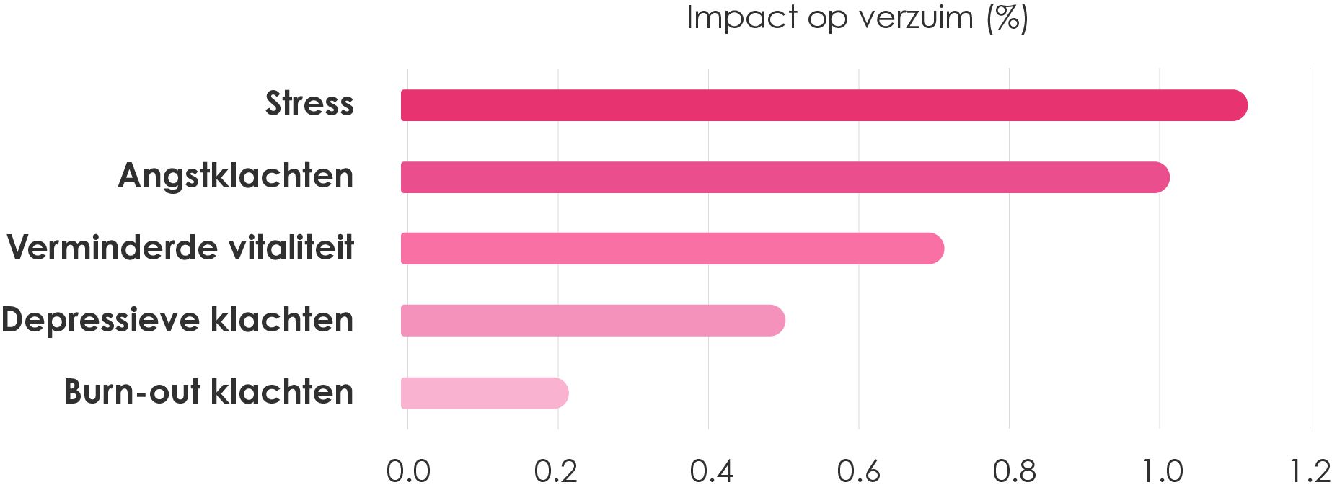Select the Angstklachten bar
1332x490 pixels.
click(785, 177)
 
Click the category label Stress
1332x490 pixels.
click(309, 104)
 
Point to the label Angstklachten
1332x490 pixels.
click(236, 176)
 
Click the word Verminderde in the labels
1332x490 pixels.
click(102, 248)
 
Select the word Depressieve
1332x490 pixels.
click(100, 320)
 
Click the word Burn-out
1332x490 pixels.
click(132, 392)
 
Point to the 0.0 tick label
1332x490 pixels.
click(408, 472)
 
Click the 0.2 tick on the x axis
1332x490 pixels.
click(556, 472)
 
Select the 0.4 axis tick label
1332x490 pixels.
click(711, 472)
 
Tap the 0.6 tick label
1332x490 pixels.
click(859, 472)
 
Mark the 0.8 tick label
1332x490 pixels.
click(1014, 472)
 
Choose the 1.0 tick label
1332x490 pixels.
click(1162, 472)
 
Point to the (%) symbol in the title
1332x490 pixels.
click(1007, 17)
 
